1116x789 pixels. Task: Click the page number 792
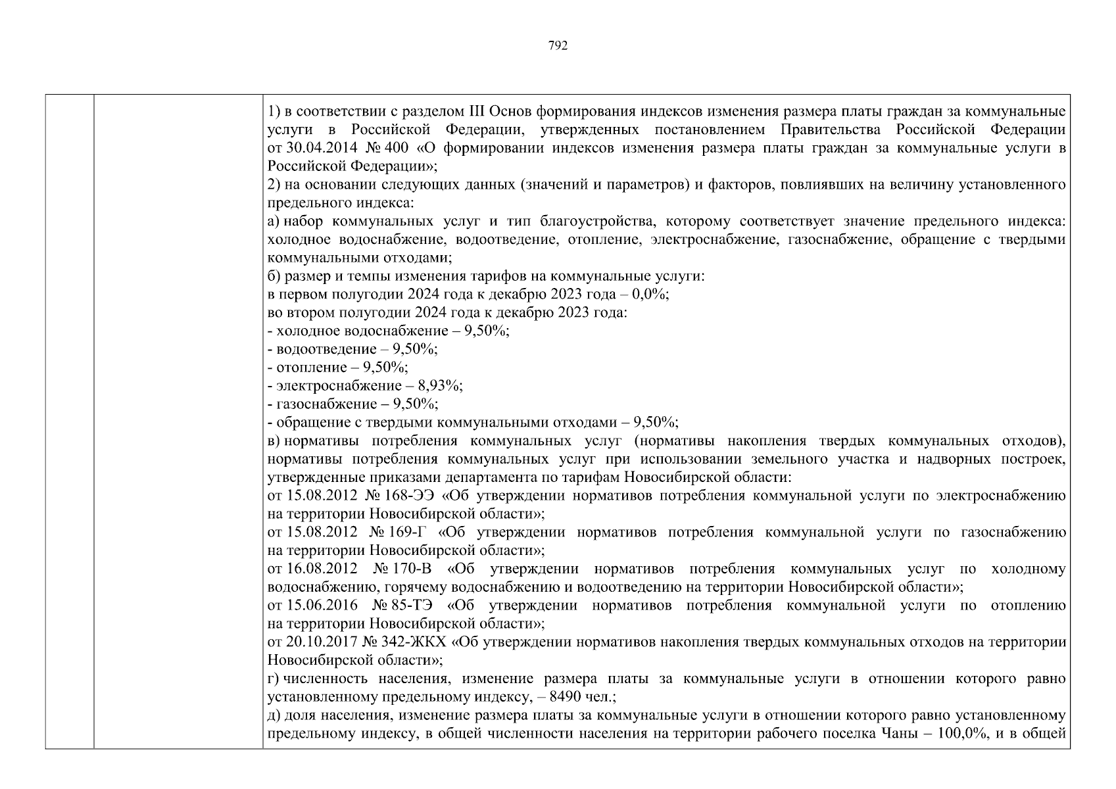click(x=557, y=46)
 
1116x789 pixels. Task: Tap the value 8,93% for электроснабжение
click(x=445, y=385)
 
